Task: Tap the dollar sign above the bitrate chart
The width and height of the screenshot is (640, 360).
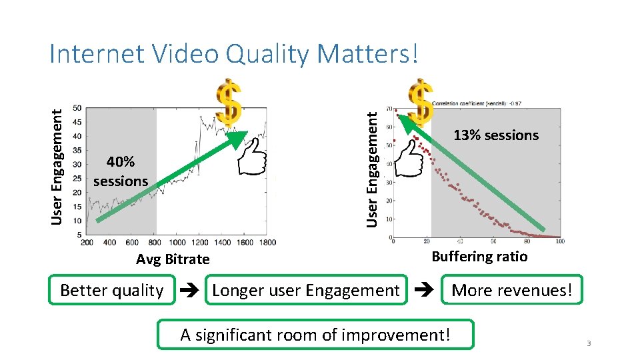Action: tap(229, 105)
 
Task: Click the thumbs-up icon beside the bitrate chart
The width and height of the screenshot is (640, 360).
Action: tap(253, 158)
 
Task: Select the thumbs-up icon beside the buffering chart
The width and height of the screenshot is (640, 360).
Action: tap(407, 159)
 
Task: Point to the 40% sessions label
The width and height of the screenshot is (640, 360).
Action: tap(121, 171)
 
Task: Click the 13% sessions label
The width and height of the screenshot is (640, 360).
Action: tap(495, 135)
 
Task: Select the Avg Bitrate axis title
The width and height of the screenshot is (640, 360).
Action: tap(173, 259)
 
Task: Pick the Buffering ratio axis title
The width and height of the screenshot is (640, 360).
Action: tap(479, 257)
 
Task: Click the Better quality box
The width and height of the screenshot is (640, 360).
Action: tap(111, 291)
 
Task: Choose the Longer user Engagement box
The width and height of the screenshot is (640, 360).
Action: tap(305, 291)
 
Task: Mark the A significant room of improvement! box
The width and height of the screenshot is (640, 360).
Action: tap(315, 335)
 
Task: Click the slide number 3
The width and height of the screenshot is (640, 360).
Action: tap(589, 343)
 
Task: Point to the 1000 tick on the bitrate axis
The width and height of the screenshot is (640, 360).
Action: tap(177, 243)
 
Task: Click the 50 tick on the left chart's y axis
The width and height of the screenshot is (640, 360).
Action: tap(78, 108)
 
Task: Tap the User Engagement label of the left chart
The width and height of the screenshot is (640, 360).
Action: tap(59, 167)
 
